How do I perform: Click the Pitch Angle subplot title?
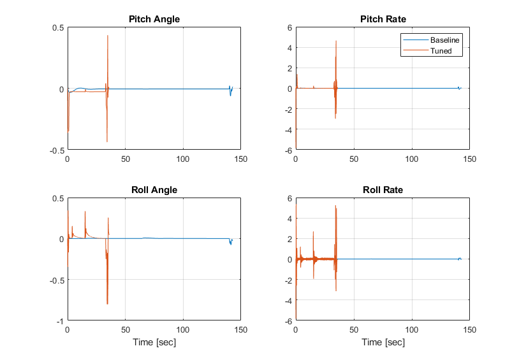pyautogui.click(x=154, y=19)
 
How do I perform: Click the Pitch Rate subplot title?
pyautogui.click(x=383, y=19)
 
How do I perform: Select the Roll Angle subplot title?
pyautogui.click(x=154, y=190)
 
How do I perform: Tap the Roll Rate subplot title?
pyautogui.click(x=383, y=190)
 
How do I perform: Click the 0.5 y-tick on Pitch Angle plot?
pyautogui.click(x=57, y=27)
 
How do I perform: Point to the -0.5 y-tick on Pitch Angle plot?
pyautogui.click(x=56, y=150)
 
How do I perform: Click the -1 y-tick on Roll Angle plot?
pyautogui.click(x=59, y=321)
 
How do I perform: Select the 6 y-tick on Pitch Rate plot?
pyautogui.click(x=289, y=27)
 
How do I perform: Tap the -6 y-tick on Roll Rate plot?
pyautogui.click(x=288, y=321)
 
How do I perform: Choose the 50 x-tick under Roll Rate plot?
pyautogui.click(x=354, y=330)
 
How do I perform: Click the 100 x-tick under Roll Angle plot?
pyautogui.click(x=183, y=330)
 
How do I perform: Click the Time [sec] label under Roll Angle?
pyautogui.click(x=154, y=343)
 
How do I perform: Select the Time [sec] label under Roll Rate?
pyautogui.click(x=383, y=343)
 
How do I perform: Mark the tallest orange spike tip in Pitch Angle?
pyautogui.click(x=108, y=35)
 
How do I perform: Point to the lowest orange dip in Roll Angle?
pyautogui.click(x=107, y=304)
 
